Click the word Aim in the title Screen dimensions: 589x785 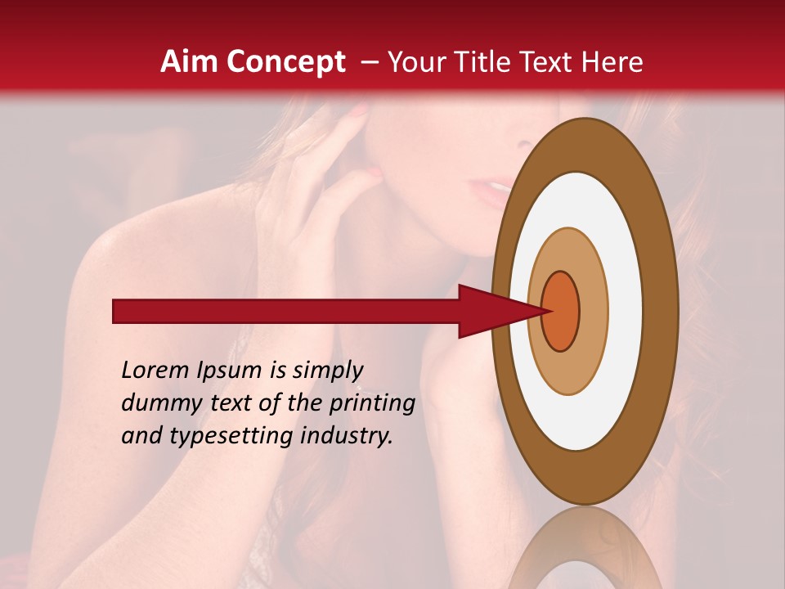point(190,62)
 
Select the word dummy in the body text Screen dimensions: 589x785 point(159,403)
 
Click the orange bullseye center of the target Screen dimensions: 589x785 point(562,312)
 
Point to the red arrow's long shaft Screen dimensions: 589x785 point(286,312)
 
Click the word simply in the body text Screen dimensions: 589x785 point(327,371)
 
